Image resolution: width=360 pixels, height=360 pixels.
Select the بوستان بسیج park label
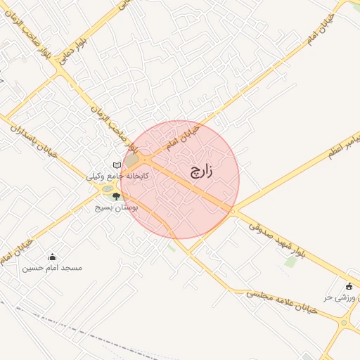[116, 208]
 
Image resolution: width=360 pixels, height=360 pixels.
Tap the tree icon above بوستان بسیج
[116, 197]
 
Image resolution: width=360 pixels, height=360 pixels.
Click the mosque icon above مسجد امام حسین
[52, 257]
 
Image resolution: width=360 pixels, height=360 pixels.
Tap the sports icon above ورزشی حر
[349, 285]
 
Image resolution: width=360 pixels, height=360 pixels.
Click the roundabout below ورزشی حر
[345, 323]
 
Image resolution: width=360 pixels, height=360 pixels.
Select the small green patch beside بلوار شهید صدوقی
[290, 262]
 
